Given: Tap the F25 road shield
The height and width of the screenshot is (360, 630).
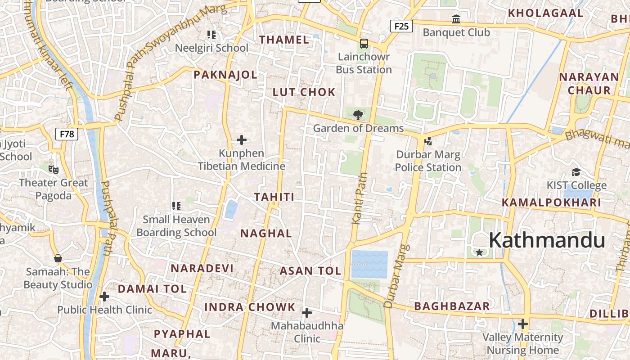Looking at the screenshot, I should tap(401, 26).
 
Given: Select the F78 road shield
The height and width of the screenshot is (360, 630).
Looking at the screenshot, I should tap(67, 134).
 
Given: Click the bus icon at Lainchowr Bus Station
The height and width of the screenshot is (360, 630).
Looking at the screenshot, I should tap(364, 44).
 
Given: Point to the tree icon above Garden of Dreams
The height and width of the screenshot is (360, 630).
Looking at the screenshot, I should tap(358, 115).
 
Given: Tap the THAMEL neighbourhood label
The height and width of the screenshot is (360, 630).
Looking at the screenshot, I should tap(284, 40).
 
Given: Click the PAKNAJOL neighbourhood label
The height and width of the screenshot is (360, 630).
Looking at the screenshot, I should tap(225, 75).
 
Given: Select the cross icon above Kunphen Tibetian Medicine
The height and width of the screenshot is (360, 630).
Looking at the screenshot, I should tap(242, 140).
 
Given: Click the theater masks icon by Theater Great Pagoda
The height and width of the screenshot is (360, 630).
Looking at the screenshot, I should tap(54, 169).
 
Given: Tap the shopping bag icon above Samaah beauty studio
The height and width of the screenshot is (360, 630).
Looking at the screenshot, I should tap(58, 258).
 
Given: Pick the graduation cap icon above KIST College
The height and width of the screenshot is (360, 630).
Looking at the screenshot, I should tap(576, 172).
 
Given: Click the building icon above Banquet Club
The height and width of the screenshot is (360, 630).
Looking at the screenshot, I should tap(456, 19).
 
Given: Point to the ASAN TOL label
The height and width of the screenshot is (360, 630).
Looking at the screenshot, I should tap(310, 271).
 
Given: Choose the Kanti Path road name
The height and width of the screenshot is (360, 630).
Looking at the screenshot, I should tap(359, 198).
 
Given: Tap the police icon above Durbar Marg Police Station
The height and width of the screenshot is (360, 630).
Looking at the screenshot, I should tap(428, 141).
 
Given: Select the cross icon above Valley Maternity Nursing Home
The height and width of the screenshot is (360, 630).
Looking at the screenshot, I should tap(522, 324).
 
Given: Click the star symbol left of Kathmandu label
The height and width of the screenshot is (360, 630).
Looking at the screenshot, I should tap(480, 253).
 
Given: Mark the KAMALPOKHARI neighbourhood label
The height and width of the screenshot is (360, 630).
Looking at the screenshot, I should tap(551, 202).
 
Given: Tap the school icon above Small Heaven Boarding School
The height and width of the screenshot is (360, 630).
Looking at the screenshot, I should tap(176, 206).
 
